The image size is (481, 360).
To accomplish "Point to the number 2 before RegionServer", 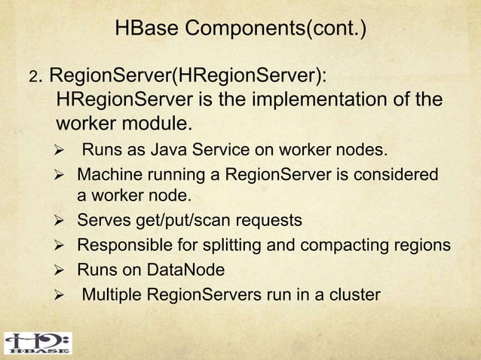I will tap(32, 78).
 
